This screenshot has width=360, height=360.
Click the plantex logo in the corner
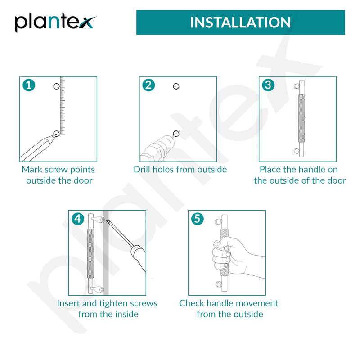click(55, 23)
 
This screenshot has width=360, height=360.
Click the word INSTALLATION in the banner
click(240, 22)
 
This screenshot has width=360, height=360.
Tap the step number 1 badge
click(29, 85)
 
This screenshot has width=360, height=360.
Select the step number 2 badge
click(148, 85)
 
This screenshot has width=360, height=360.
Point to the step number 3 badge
click(268, 85)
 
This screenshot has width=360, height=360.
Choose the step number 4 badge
click(78, 219)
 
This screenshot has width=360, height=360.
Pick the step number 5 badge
click(198, 219)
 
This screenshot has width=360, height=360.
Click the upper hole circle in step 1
click(56, 86)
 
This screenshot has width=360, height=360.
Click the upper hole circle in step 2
click(176, 86)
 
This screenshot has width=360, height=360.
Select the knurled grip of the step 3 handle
click(301, 118)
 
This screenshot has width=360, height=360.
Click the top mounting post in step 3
click(297, 86)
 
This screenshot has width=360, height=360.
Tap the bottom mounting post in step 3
click(297, 151)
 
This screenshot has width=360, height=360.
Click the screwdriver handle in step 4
click(139, 257)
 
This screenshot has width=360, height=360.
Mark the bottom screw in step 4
click(102, 290)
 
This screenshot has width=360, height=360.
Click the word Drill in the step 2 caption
click(142, 170)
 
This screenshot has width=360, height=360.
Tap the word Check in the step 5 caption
click(192, 303)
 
